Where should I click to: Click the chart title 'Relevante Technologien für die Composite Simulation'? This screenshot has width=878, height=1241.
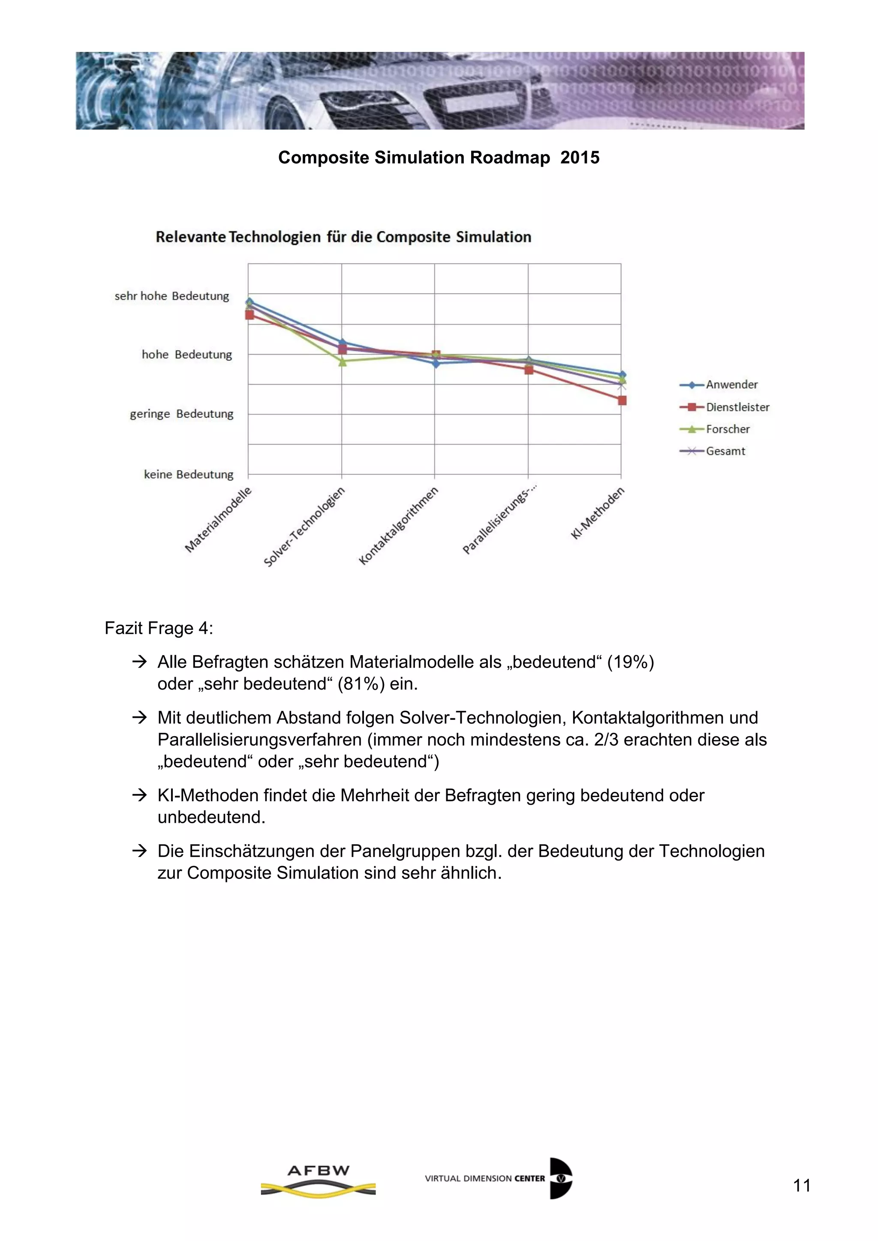pyautogui.click(x=343, y=237)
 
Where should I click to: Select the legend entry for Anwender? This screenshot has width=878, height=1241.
pyautogui.click(x=731, y=384)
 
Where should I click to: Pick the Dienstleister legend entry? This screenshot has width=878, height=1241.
pyautogui.click(x=737, y=407)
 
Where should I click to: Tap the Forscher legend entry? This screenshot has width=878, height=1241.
pyautogui.click(x=727, y=429)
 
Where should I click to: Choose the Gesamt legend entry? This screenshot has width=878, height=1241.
pyautogui.click(x=725, y=451)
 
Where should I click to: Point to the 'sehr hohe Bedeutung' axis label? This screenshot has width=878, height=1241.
pyautogui.click(x=171, y=296)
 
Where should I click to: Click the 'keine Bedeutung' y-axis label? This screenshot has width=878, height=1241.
pyautogui.click(x=188, y=474)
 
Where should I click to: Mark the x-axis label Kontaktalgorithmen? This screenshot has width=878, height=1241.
pyautogui.click(x=398, y=525)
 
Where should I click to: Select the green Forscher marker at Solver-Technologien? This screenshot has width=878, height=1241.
pyautogui.click(x=342, y=362)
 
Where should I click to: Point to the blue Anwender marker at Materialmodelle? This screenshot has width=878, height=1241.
pyautogui.click(x=249, y=302)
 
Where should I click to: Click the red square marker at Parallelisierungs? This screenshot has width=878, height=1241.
pyautogui.click(x=529, y=370)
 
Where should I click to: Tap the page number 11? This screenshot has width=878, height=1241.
pyautogui.click(x=801, y=1185)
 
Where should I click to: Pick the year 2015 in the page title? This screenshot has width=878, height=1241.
pyautogui.click(x=580, y=157)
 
